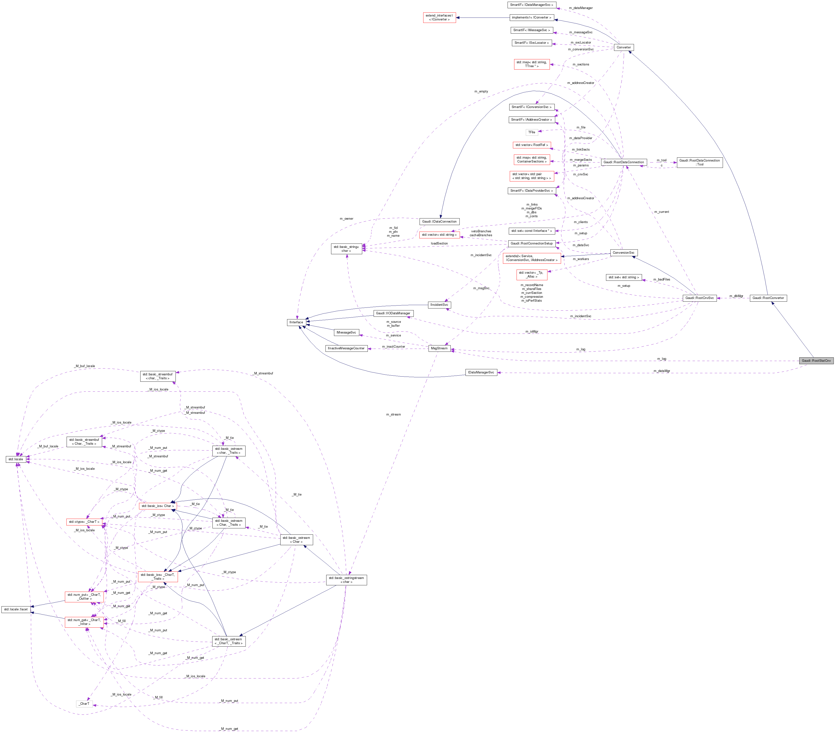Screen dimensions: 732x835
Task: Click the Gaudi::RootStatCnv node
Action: (x=816, y=361)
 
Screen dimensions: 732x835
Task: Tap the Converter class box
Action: (x=624, y=47)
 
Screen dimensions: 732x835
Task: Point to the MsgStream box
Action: (x=439, y=348)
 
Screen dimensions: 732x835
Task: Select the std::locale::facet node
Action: (x=16, y=609)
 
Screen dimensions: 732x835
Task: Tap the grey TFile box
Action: (x=531, y=132)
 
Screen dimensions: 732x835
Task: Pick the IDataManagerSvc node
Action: (x=481, y=372)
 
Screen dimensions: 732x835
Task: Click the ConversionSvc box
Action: (x=623, y=253)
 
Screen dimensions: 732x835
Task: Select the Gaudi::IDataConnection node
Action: (x=439, y=221)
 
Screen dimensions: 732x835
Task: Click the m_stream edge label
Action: (x=393, y=415)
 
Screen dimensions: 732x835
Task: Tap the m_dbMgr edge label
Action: (x=736, y=296)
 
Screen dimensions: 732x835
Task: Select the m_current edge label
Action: (x=661, y=212)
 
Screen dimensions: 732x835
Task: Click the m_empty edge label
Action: (x=481, y=91)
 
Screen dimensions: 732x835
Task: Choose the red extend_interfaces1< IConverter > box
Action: (x=439, y=18)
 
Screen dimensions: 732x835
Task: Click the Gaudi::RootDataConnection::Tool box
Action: (x=700, y=163)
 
